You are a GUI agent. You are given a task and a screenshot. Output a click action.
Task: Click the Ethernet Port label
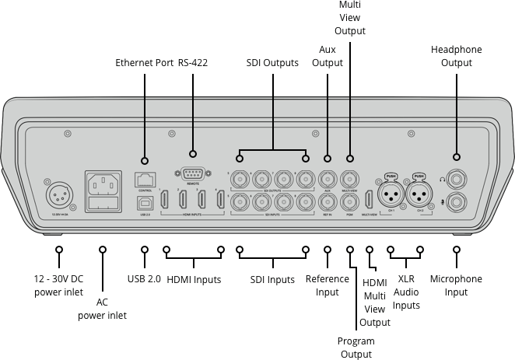click(x=144, y=62)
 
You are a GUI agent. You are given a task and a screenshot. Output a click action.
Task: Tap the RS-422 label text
click(x=193, y=62)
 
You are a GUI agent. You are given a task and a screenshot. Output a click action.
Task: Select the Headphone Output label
click(x=456, y=56)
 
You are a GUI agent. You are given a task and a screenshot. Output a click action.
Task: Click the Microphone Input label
click(x=456, y=285)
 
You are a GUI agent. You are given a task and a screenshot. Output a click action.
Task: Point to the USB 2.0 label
click(x=144, y=279)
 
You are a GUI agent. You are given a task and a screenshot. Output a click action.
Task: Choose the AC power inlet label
click(x=102, y=309)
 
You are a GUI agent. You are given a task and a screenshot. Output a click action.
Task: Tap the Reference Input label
click(x=328, y=285)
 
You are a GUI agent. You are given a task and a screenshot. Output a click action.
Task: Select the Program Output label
click(x=356, y=348)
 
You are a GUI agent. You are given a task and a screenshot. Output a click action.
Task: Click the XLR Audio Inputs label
click(x=405, y=292)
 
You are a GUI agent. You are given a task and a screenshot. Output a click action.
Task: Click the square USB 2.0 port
click(x=144, y=202)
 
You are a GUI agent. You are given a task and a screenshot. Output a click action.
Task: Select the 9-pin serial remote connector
click(x=193, y=176)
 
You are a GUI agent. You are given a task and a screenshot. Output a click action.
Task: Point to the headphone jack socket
click(x=456, y=179)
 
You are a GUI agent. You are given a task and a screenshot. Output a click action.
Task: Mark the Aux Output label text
click(x=328, y=56)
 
